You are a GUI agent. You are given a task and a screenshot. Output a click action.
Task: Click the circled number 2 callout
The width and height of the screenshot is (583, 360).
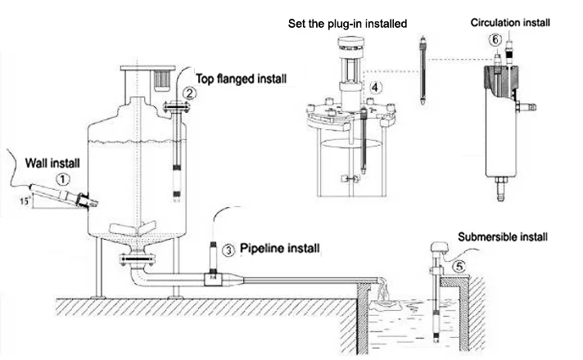coord(190,92)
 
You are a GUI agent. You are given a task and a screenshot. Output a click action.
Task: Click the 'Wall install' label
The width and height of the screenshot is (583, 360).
coord(53,162)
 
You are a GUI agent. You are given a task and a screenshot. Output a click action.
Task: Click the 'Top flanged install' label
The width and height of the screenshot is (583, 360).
coord(240,79)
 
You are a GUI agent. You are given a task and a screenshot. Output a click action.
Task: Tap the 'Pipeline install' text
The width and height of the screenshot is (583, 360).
coord(280,247)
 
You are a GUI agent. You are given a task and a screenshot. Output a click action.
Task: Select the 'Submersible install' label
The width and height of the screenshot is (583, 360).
coord(502,237)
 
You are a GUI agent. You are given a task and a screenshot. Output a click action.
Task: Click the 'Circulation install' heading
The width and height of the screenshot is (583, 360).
coord(510,23)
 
